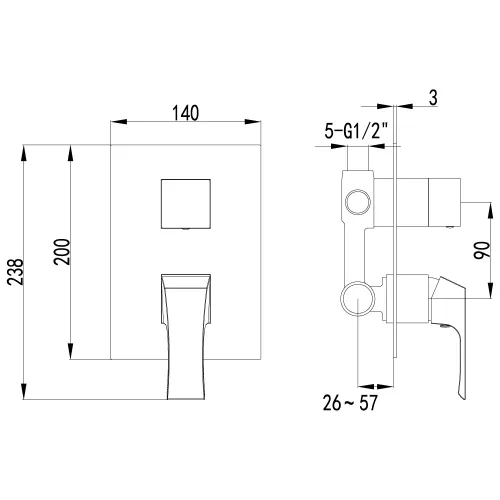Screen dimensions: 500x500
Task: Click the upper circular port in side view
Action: point(355,206)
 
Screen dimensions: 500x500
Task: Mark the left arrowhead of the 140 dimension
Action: point(114,123)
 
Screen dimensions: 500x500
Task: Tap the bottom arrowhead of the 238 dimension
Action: point(22,396)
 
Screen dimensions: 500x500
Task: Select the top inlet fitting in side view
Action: point(360,160)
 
